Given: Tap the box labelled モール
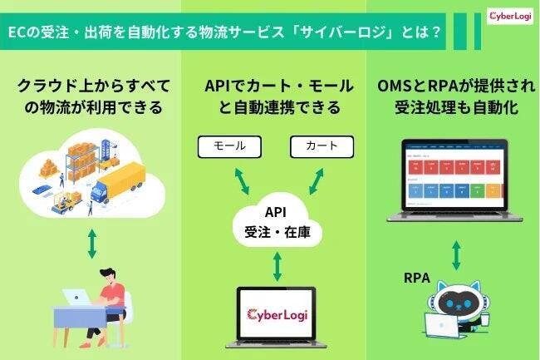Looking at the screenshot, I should [x=230, y=146].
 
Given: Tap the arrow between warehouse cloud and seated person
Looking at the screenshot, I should [x=93, y=243].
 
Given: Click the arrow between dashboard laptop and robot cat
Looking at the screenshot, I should [x=455, y=254].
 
